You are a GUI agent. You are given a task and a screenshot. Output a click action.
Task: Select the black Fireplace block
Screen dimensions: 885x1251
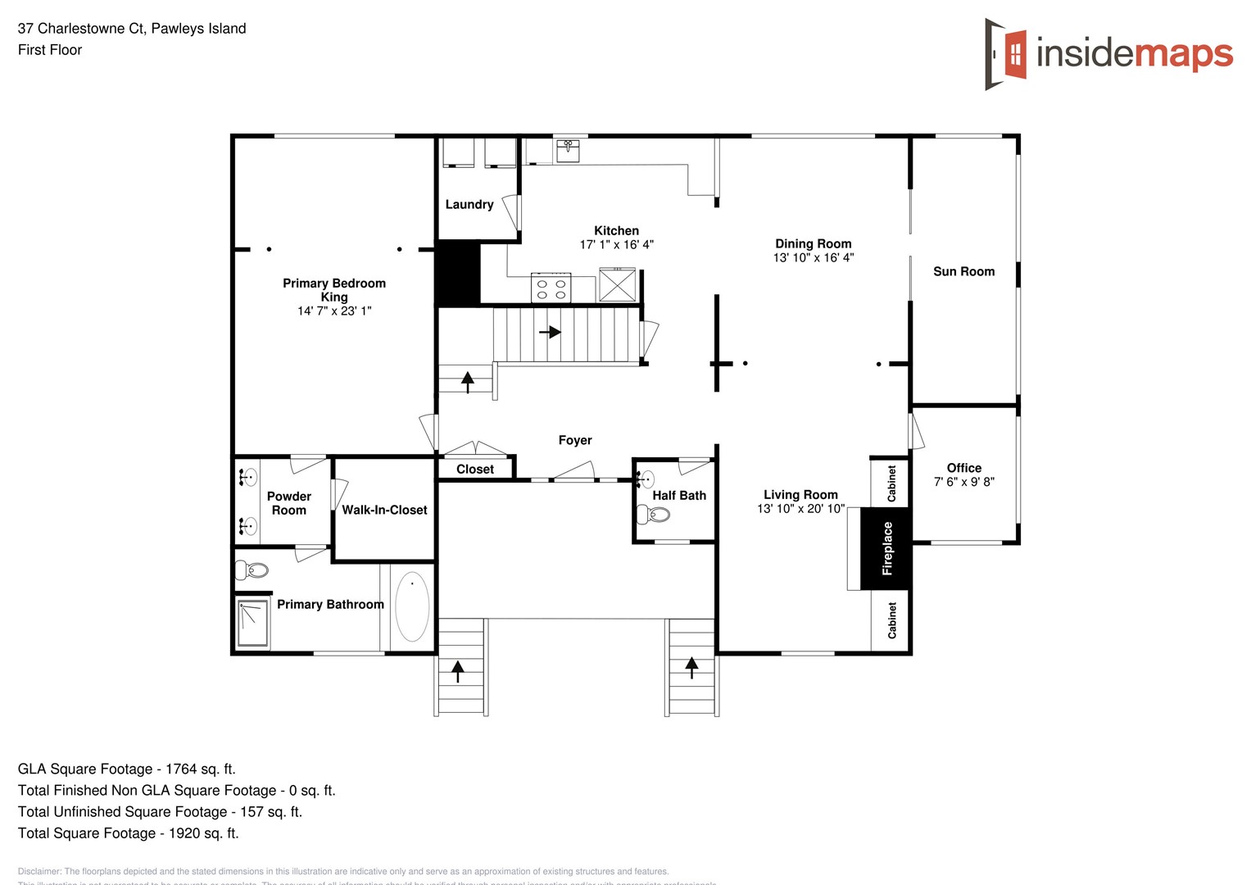tap(886, 548)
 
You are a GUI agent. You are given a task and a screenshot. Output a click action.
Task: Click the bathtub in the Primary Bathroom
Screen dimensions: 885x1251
tap(411, 606)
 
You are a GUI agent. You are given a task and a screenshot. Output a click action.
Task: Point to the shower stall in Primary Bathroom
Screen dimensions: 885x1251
tap(252, 623)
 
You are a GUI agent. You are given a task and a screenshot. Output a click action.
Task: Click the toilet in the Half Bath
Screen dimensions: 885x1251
tap(655, 515)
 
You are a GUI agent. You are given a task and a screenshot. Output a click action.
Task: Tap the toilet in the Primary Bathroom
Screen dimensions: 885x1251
tap(252, 570)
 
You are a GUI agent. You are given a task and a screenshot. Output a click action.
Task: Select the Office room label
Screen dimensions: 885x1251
tap(963, 468)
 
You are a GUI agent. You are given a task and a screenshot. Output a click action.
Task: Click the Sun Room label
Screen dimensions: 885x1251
tap(963, 271)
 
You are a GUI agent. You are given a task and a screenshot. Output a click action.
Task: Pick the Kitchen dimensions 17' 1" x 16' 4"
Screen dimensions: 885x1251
tap(616, 244)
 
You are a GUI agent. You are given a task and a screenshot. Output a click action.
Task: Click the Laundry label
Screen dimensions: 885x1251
tap(469, 205)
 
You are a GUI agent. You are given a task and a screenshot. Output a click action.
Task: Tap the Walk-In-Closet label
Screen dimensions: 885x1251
tap(384, 510)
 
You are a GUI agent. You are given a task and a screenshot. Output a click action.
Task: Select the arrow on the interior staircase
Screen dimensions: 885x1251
tap(550, 332)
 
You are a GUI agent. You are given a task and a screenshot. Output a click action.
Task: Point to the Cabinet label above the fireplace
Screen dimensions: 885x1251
tap(891, 483)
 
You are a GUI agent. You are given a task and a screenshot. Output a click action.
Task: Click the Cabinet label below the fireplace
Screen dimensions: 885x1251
tap(891, 620)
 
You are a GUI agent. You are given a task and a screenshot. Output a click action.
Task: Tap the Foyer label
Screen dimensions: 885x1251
tap(574, 440)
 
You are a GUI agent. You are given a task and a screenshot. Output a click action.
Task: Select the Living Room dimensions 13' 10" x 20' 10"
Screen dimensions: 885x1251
tap(800, 509)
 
